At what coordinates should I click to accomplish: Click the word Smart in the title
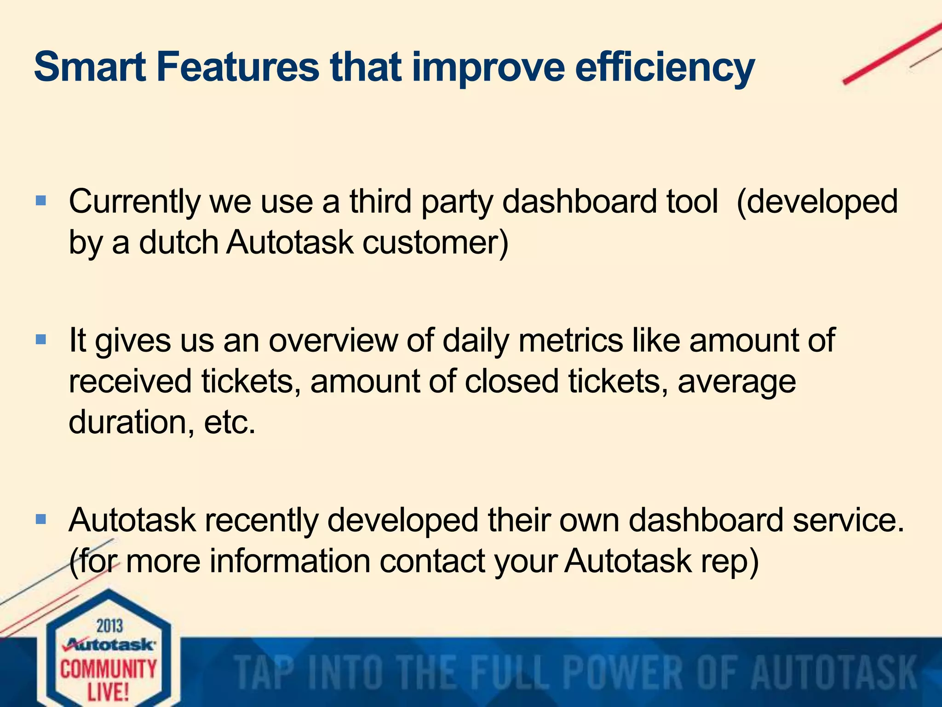click(90, 67)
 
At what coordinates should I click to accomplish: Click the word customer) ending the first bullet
click(435, 243)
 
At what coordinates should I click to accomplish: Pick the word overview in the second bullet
click(333, 341)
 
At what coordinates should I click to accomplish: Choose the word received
click(130, 382)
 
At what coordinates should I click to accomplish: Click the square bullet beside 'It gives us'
click(41, 340)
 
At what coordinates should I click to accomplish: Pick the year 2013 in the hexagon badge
click(109, 626)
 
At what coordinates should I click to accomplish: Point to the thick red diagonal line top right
click(892, 53)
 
